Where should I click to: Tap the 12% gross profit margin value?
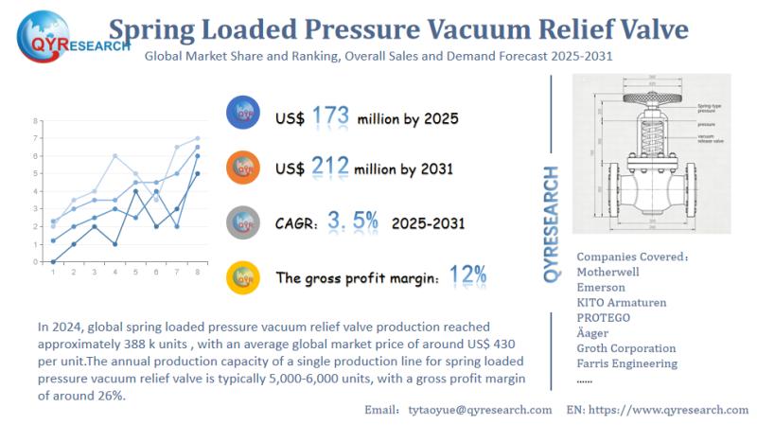point(467,275)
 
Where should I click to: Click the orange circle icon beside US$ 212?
point(244,168)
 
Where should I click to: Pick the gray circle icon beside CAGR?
point(244,222)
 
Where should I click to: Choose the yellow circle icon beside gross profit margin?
point(244,277)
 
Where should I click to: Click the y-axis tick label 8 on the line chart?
point(36,121)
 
